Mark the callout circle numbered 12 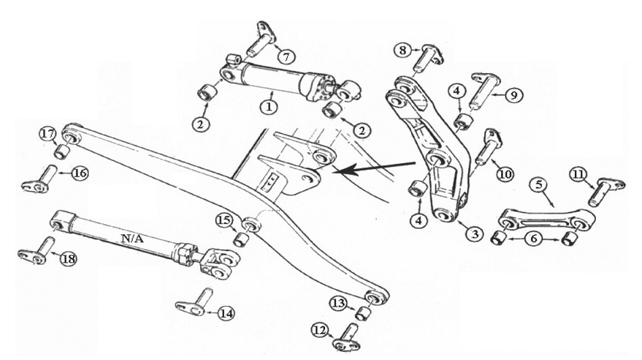tap(320, 330)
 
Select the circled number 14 tap(226, 313)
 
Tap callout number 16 tap(79, 173)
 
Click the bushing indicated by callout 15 tap(242, 239)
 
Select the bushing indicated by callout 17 tap(60, 151)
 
